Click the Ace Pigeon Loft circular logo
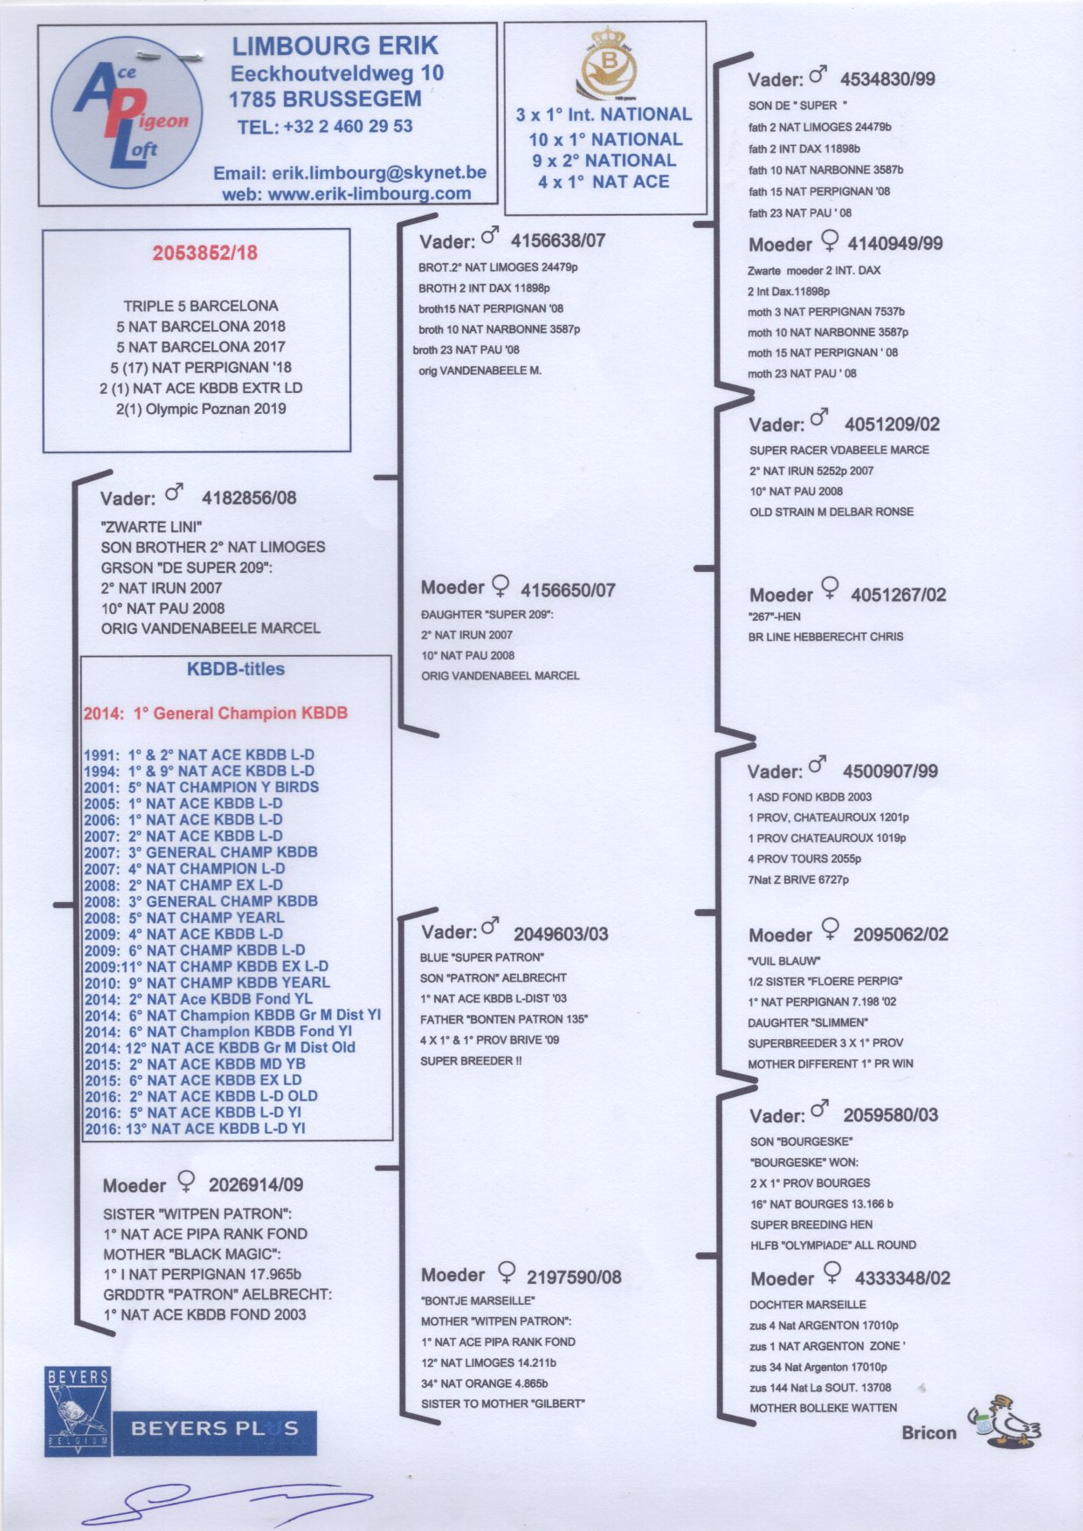coord(127,114)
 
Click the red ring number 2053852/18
coord(205,253)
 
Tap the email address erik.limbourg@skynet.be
coord(379,173)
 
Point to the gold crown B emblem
coord(606,63)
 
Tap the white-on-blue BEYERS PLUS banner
coord(215,1430)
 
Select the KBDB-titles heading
coord(236,670)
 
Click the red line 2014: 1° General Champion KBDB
coord(216,714)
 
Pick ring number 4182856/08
coord(249,499)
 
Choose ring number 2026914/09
coord(256,1185)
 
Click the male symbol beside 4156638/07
coord(491,236)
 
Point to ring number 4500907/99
coord(890,772)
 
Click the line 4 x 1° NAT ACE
coord(604,183)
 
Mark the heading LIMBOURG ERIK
coord(335,46)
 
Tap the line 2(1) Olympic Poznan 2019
coord(201,409)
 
